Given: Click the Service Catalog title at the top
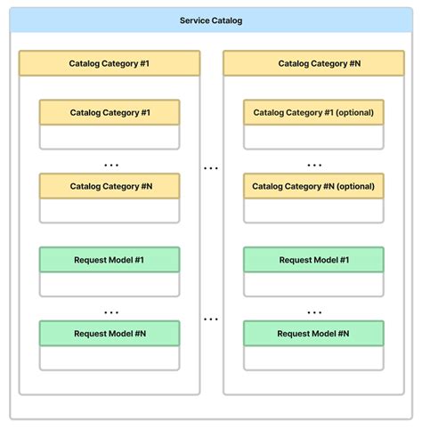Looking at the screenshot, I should (x=211, y=20).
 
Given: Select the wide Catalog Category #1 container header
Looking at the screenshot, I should (x=110, y=63).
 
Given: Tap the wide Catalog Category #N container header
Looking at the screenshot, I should (x=313, y=63).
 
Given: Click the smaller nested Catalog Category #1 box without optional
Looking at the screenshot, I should (x=110, y=113).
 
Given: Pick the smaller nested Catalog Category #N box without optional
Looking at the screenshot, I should (x=110, y=186).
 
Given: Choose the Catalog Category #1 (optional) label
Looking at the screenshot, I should (x=313, y=113).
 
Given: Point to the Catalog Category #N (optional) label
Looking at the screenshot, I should (x=313, y=186).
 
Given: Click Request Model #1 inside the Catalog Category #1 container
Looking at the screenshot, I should (x=110, y=260).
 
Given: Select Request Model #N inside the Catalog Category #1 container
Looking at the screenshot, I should (x=110, y=333).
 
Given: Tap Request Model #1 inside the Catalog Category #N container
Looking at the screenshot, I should (x=313, y=260).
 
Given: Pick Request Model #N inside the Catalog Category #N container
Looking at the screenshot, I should (x=313, y=333).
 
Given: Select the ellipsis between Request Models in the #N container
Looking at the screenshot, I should (x=313, y=312).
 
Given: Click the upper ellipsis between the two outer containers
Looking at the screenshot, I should (x=211, y=167).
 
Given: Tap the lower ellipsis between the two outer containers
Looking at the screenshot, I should (x=211, y=318).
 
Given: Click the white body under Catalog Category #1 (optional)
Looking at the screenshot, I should (x=313, y=136).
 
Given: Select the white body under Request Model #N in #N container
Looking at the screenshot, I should (x=313, y=357).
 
